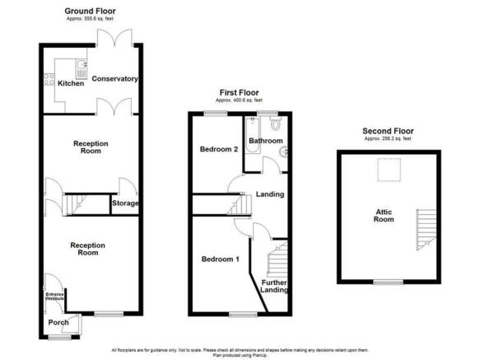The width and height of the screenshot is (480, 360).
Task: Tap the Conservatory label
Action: coord(114,79)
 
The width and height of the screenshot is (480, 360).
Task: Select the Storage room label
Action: coord(125,203)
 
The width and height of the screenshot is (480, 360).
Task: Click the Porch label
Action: coord(58,322)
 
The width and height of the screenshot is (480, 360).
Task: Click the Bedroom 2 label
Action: coord(219,149)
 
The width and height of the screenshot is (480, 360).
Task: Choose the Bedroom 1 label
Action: coord(220,259)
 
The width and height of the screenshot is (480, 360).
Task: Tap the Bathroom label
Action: coord(267,142)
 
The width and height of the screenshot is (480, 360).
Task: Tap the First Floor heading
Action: coord(239,93)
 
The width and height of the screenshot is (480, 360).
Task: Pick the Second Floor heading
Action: coord(388,131)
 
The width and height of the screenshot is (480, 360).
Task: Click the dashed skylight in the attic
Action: coord(385,169)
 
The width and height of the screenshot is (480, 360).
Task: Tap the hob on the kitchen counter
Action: coord(49,80)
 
